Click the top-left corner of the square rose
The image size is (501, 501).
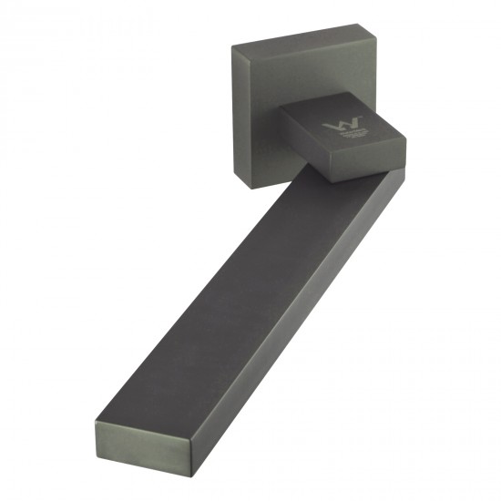click(232, 47)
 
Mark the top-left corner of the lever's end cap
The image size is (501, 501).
click(94, 420)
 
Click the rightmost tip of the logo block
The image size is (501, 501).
click(404, 139)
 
